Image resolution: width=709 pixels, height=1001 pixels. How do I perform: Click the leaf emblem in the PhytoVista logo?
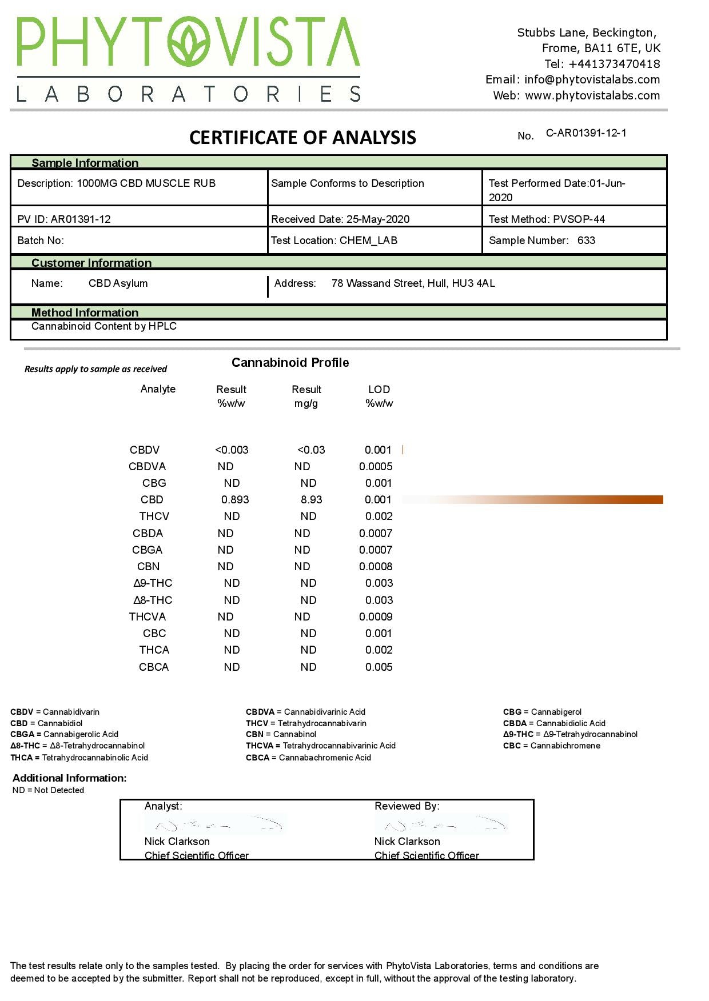[189, 42]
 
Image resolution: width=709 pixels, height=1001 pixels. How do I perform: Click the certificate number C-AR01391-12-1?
[586, 133]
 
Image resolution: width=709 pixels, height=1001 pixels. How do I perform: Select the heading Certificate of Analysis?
[302, 138]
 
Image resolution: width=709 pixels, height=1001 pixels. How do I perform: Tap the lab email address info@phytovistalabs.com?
[592, 80]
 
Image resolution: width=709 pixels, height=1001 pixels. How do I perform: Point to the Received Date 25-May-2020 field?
[340, 219]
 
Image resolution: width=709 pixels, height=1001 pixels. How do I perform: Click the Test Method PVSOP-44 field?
[547, 219]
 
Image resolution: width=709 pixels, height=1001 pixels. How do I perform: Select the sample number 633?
[586, 241]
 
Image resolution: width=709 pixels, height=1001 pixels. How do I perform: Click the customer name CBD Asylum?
[118, 283]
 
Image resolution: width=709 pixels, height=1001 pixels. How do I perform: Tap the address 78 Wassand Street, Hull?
[413, 283]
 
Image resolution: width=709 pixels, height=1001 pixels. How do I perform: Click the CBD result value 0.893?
[235, 500]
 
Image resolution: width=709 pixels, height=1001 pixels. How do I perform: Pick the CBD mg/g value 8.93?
[311, 500]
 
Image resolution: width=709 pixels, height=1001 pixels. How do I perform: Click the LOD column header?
[379, 390]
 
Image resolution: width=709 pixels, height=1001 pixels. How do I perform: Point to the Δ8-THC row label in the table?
[153, 600]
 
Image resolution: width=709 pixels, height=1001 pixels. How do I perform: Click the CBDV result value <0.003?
[232, 450]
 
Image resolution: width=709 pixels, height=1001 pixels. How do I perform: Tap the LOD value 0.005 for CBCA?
[379, 667]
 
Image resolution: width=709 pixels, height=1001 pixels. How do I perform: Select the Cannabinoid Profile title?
[290, 363]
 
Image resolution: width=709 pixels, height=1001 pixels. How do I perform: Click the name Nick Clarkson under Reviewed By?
[407, 842]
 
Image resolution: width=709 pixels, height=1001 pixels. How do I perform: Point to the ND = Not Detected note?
[48, 791]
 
